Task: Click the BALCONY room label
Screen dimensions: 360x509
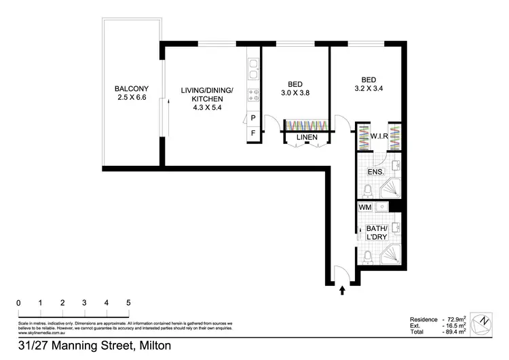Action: [132, 89]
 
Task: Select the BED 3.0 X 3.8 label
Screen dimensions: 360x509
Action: [295, 88]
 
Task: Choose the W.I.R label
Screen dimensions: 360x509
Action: [379, 136]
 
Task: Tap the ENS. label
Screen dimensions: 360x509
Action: [375, 173]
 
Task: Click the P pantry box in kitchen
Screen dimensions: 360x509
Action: [253, 118]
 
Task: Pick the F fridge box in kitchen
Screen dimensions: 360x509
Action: [253, 132]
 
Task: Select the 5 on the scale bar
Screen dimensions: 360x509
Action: [128, 303]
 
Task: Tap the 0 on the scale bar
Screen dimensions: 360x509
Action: [18, 303]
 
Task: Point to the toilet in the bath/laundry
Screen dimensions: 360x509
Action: [367, 257]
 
